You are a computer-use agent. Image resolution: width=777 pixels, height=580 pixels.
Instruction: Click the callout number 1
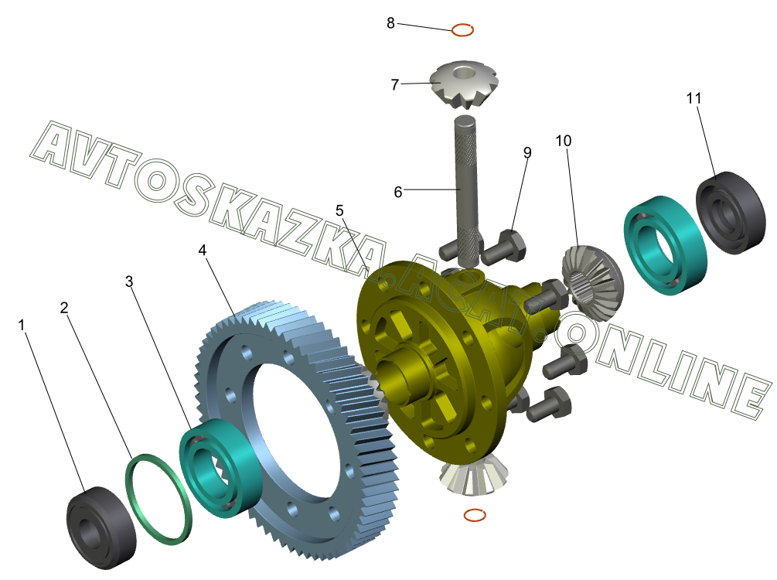[x=22, y=326]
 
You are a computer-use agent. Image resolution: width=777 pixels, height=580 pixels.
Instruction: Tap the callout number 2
[x=64, y=308]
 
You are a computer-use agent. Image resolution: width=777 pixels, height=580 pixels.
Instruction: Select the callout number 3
[x=129, y=281]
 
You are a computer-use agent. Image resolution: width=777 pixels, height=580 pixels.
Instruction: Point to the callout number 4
[x=203, y=250]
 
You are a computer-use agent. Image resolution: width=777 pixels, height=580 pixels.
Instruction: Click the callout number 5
[x=339, y=210]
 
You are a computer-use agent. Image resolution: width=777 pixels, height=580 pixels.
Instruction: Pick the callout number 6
[x=398, y=192]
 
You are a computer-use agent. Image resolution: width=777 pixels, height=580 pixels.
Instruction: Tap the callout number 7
[x=395, y=85]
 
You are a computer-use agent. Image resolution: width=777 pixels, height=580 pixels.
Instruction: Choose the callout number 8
[x=391, y=22]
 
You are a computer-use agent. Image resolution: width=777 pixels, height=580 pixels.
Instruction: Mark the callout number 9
[x=527, y=152]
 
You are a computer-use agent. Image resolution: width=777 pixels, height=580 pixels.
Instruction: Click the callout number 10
[x=564, y=141]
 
